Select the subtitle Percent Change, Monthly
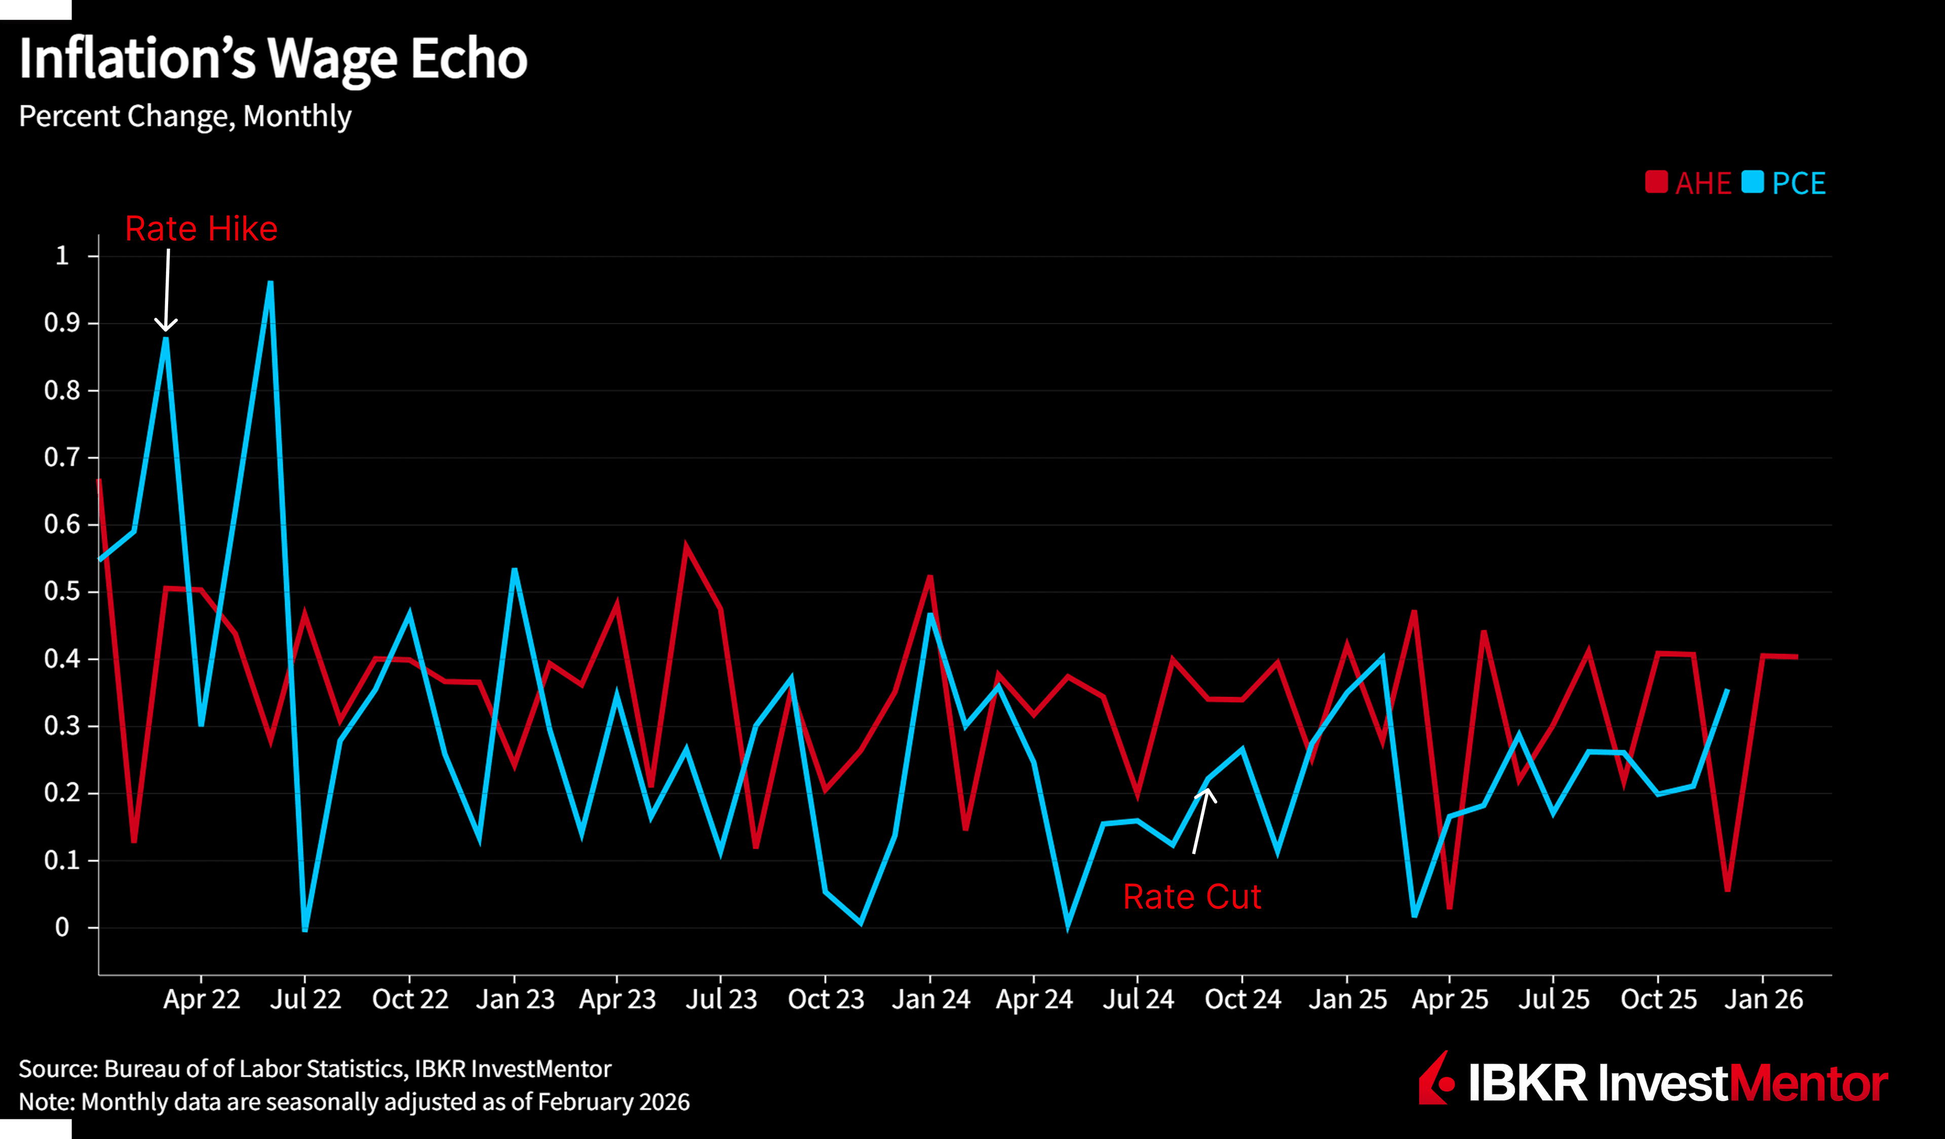click(185, 116)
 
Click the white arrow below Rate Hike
click(167, 289)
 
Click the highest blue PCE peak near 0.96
click(270, 283)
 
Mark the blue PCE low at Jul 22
click(305, 929)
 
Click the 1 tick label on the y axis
click(62, 255)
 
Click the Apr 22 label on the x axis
click(202, 999)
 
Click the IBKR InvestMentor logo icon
click(1435, 1079)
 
